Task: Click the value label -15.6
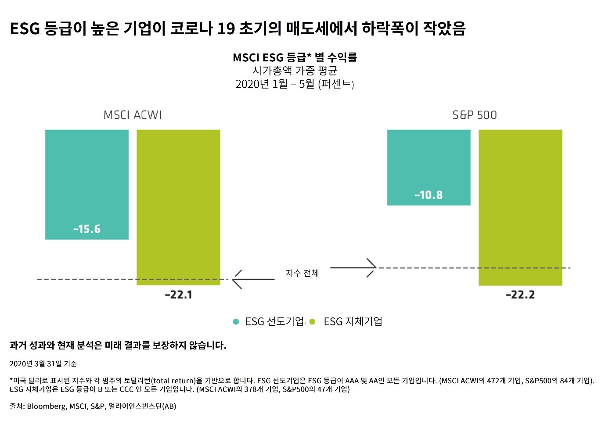[87, 229]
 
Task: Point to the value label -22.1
[178, 295]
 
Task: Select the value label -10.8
[429, 195]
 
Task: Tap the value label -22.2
[520, 295]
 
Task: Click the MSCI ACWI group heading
[133, 115]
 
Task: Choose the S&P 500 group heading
[475, 115]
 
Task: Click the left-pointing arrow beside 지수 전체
[253, 279]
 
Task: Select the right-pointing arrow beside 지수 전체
[353, 267]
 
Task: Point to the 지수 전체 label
[302, 273]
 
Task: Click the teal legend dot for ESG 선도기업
[236, 322]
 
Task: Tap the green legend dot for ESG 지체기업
[313, 322]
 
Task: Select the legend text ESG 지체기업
[353, 322]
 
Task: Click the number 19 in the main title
[226, 29]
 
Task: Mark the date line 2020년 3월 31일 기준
[43, 363]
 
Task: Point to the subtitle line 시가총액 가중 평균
[295, 71]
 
